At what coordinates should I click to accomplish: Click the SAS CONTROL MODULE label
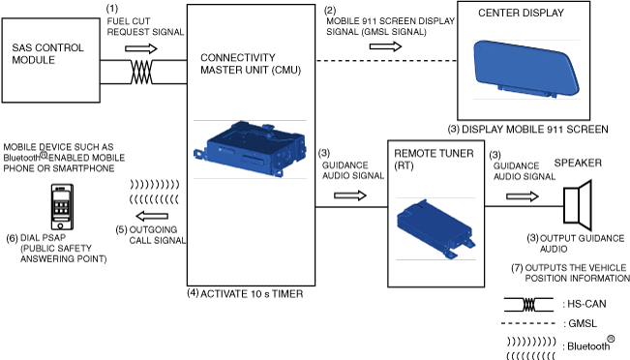[x=47, y=54]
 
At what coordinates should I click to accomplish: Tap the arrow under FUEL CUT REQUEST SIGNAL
[x=141, y=48]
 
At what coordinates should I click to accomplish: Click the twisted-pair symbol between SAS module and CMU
[x=142, y=72]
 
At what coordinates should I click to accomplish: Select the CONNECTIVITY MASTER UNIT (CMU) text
[x=251, y=64]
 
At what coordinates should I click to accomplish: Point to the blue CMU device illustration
[x=250, y=149]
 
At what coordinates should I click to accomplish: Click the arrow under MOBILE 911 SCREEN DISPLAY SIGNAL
[x=385, y=46]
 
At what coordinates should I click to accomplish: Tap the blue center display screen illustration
[x=526, y=69]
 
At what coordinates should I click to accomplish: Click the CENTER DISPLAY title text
[x=521, y=13]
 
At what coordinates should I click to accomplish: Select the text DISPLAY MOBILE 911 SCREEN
[x=535, y=130]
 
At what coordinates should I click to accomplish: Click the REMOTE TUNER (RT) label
[x=434, y=159]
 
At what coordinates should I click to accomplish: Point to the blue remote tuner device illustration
[x=435, y=228]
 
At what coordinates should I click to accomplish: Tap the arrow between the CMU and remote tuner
[x=350, y=195]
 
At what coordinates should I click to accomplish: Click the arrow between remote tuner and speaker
[x=523, y=196]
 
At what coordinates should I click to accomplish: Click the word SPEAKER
[x=578, y=163]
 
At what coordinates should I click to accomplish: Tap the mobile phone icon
[x=62, y=206]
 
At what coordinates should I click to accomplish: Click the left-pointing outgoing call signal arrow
[x=152, y=216]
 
